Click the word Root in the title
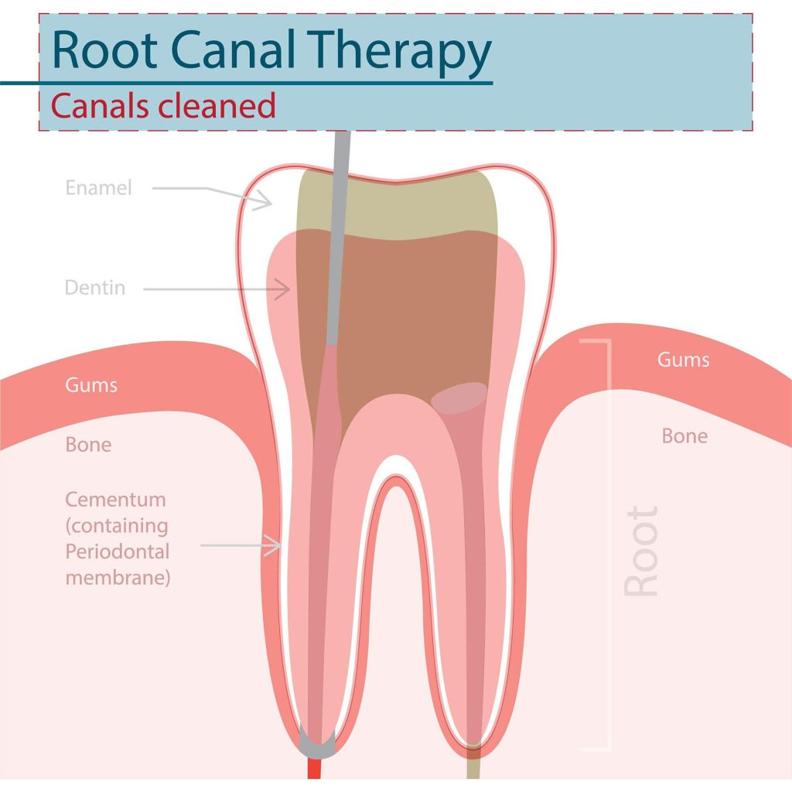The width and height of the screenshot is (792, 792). coord(100,51)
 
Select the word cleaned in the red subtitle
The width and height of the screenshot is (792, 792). coord(217,105)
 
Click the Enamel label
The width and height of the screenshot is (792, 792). coord(99,187)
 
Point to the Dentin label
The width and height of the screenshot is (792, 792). coord(95,288)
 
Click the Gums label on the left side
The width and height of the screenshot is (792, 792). coord(91,384)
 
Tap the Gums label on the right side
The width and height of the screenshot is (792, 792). coord(683,360)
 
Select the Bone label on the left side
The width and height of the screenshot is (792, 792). coord(88,445)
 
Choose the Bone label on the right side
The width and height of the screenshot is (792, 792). coord(684,436)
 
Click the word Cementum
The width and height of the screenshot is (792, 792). coord(115,499)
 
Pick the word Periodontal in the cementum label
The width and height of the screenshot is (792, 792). coord(118,552)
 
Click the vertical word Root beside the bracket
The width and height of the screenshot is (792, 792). coord(641,551)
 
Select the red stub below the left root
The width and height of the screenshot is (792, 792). coord(315,769)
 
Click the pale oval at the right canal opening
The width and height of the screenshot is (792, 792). coord(459,397)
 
